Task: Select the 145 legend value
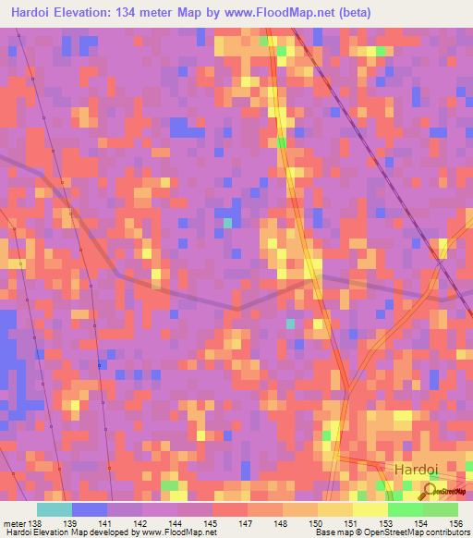coord(211,523)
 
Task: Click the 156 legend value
coord(454,523)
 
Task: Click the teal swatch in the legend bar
coord(54,509)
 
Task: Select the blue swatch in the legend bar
coord(89,509)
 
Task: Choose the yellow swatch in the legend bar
coord(370,509)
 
